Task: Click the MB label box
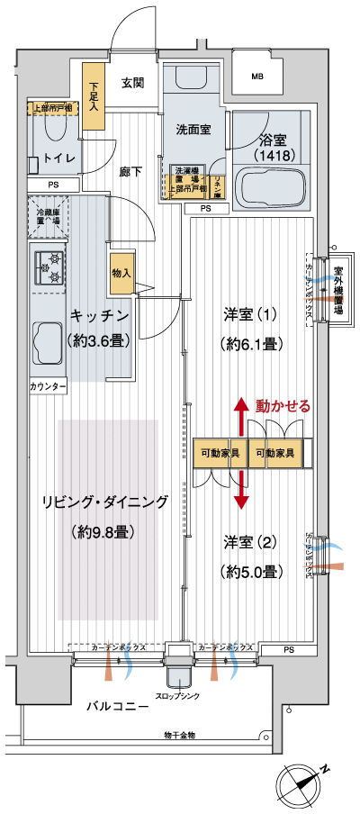pyautogui.click(x=257, y=77)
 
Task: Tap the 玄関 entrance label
pyautogui.click(x=132, y=83)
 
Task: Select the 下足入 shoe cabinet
pyautogui.click(x=94, y=89)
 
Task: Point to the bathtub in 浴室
pyautogui.click(x=271, y=187)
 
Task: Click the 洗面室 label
pyautogui.click(x=193, y=129)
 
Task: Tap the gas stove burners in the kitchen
pyautogui.click(x=49, y=267)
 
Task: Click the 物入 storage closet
pyautogui.click(x=121, y=273)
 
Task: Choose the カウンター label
pyautogui.click(x=48, y=385)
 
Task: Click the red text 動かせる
pyautogui.click(x=283, y=405)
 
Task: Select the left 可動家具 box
pyautogui.click(x=220, y=453)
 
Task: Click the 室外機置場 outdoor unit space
pyautogui.click(x=338, y=288)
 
